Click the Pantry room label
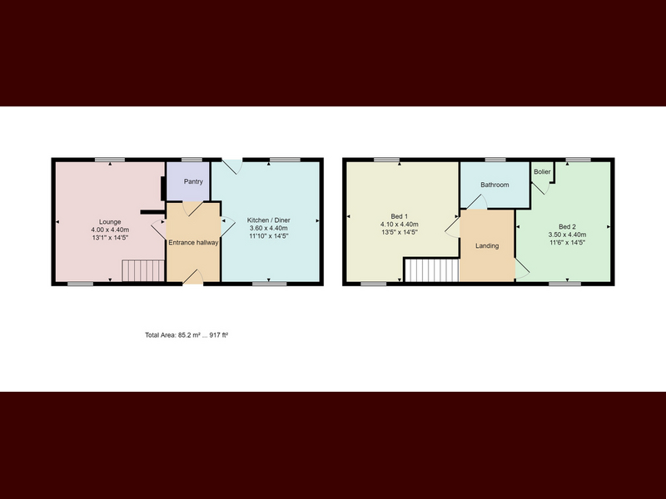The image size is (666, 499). pyautogui.click(x=193, y=181)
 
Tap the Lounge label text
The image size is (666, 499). pyautogui.click(x=110, y=222)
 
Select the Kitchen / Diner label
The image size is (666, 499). pyautogui.click(x=269, y=220)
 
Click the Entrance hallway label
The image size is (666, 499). pyautogui.click(x=193, y=243)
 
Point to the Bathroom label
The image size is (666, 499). pyautogui.click(x=495, y=185)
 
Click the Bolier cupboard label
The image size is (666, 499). pyautogui.click(x=543, y=172)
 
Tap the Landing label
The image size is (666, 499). pyautogui.click(x=487, y=245)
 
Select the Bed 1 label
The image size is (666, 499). pyautogui.click(x=400, y=216)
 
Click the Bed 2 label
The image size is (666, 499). pyautogui.click(x=568, y=226)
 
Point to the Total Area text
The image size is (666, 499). pyautogui.click(x=186, y=335)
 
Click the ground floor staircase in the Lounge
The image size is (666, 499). pyautogui.click(x=143, y=271)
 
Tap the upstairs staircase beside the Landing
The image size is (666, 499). pyautogui.click(x=432, y=270)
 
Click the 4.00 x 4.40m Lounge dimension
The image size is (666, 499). pyautogui.click(x=110, y=230)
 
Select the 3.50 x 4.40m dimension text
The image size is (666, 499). pyautogui.click(x=568, y=235)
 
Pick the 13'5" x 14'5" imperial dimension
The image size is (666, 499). pyautogui.click(x=400, y=233)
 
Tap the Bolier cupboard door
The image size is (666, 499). pyautogui.click(x=541, y=187)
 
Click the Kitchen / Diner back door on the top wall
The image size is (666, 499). pyautogui.click(x=232, y=166)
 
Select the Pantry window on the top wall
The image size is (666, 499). pyautogui.click(x=191, y=160)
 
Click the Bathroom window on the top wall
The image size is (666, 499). pyautogui.click(x=495, y=160)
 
